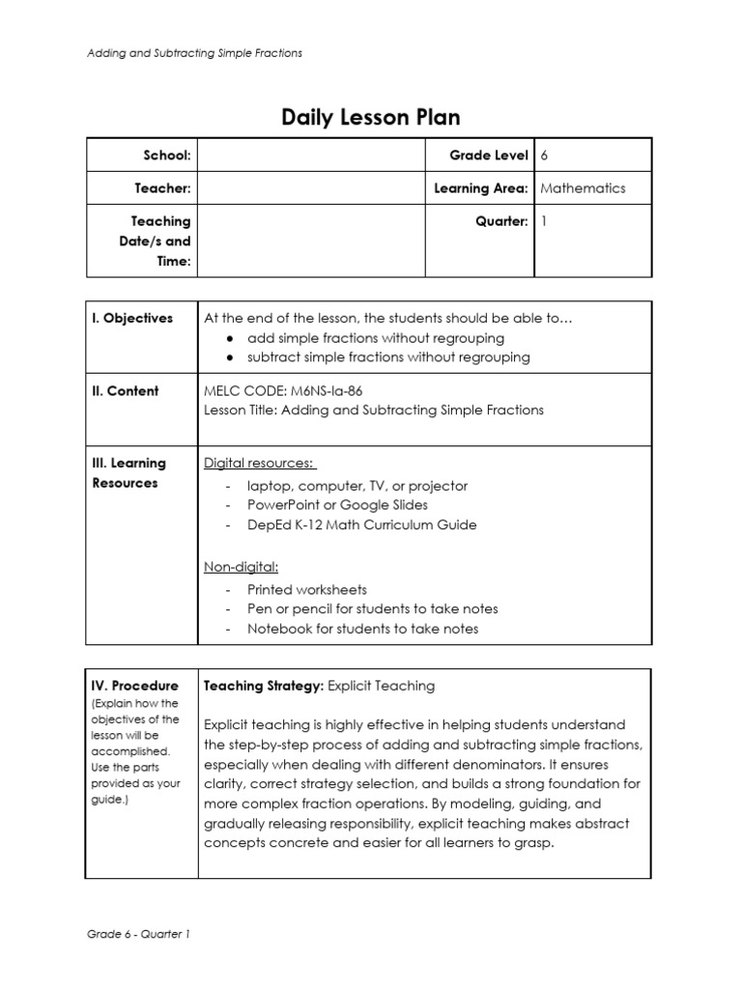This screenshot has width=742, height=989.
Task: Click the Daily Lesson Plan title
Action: coord(371,118)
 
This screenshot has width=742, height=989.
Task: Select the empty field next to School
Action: coord(311,155)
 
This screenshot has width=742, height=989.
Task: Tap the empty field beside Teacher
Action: coord(311,188)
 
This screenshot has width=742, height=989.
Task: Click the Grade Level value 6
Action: coord(545,155)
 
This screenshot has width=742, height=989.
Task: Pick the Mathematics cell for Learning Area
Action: coord(583,188)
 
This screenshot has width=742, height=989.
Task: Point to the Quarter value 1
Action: coord(545,221)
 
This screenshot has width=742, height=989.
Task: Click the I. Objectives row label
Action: coord(132,318)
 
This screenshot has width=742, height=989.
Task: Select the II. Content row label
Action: coord(126,391)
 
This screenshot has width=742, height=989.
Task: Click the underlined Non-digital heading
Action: coord(241,567)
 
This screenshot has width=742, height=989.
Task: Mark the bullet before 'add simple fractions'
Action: coord(228,338)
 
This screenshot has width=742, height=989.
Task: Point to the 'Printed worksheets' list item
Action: coord(306,589)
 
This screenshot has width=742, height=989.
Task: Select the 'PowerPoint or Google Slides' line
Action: coord(337,505)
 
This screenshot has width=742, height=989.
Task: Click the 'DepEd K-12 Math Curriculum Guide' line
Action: coord(361,525)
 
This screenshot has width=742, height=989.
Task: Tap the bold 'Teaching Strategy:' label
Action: coord(263,686)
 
